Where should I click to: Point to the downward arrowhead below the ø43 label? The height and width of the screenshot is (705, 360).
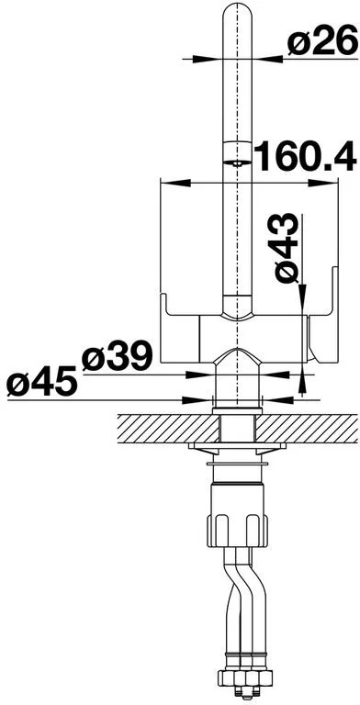(x=302, y=292)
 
